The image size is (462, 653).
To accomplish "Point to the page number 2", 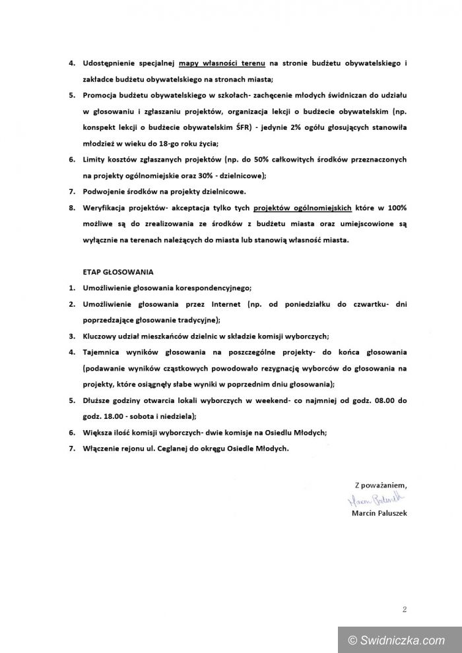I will click(404, 609).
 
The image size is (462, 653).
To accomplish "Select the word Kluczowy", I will click(101, 336).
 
